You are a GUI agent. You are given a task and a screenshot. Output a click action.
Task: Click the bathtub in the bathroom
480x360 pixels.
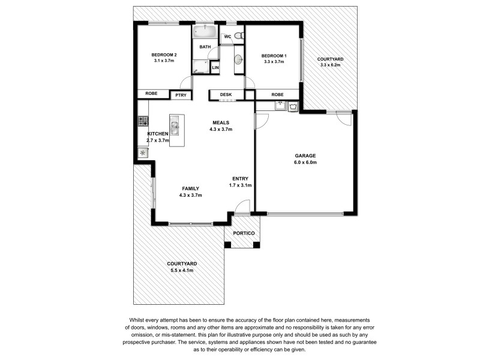pyautogui.click(x=205, y=31)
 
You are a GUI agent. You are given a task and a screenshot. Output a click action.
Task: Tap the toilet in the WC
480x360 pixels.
pyautogui.click(x=238, y=37)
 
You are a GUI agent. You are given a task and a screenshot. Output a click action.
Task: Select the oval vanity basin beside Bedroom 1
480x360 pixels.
pyautogui.click(x=238, y=59)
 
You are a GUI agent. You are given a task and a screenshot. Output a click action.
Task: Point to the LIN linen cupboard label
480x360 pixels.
pyautogui.click(x=215, y=68)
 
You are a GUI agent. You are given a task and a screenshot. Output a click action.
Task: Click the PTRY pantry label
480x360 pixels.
pyautogui.click(x=180, y=95)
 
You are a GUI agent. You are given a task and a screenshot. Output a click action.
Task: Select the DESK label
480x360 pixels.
pyautogui.click(x=226, y=95)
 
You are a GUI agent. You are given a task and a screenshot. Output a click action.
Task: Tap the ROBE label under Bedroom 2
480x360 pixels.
pyautogui.click(x=151, y=94)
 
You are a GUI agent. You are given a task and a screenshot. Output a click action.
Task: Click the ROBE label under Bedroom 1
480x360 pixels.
pyautogui.click(x=277, y=95)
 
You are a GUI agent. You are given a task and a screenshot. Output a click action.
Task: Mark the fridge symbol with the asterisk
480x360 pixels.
pyautogui.click(x=143, y=153)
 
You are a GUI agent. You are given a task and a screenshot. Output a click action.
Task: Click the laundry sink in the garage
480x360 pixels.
pyautogui.click(x=280, y=106)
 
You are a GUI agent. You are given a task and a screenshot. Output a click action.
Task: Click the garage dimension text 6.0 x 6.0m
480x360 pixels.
pyautogui.click(x=305, y=163)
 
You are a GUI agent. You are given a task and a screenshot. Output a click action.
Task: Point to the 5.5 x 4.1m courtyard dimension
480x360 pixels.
pyautogui.click(x=181, y=271)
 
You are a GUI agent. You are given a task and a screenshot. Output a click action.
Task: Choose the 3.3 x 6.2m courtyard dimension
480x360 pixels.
pyautogui.click(x=331, y=65)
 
